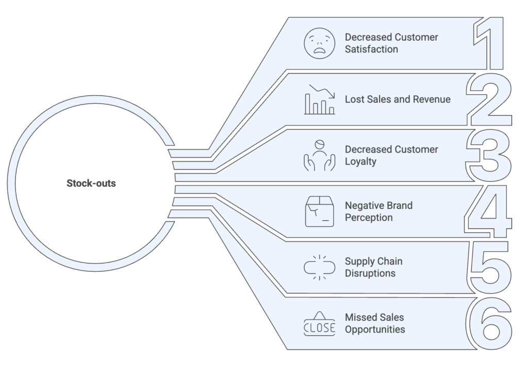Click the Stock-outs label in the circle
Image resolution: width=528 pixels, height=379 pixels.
pos(91,183)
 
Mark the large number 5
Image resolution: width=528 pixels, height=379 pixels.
pos(490,267)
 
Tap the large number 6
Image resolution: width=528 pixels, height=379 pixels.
pos(490,323)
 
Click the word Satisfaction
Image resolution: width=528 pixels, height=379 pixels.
pos(372,50)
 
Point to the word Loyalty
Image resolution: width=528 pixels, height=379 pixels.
pos(361,161)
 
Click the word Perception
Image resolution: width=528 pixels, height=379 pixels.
pos(369,218)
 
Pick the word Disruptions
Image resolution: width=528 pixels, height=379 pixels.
pos(370,273)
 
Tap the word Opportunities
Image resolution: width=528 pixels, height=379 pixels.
pos(375,329)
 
